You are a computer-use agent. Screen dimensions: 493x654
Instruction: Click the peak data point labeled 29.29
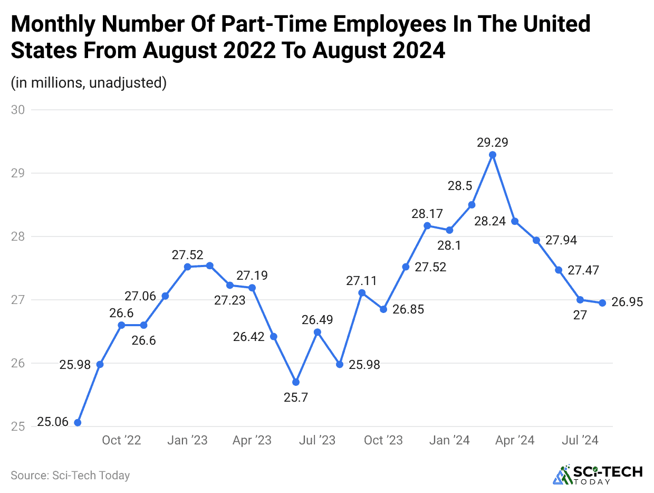point(493,155)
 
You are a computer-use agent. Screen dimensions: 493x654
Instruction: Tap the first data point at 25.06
point(78,422)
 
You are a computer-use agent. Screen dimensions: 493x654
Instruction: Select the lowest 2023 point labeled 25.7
point(296,382)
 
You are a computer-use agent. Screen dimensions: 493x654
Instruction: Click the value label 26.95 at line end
point(627,302)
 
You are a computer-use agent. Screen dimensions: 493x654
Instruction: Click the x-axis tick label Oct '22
point(121,440)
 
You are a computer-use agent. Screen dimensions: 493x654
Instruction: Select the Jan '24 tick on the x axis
point(449,440)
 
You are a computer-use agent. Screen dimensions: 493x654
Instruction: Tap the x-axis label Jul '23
point(317,440)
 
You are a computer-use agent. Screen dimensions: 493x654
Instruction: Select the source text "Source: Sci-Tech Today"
point(70,475)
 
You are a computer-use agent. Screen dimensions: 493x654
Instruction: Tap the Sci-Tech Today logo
point(597,474)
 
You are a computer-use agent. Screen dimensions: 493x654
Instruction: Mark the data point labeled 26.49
point(318,332)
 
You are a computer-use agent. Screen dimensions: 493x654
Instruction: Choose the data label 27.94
point(561,241)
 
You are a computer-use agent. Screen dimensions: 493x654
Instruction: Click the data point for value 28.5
point(472,205)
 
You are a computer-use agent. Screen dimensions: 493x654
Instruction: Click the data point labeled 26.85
point(383,309)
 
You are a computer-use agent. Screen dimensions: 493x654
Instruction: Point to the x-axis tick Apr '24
point(515,440)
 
